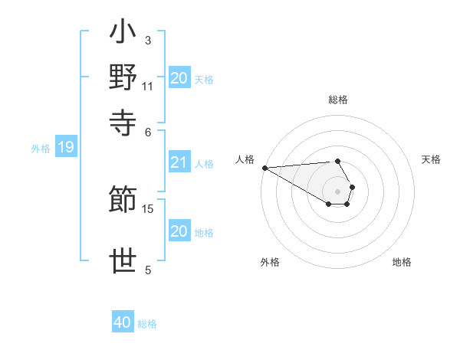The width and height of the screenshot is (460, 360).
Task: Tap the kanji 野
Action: click(123, 77)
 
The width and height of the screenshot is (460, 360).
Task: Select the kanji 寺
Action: click(123, 119)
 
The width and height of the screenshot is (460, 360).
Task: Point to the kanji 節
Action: click(123, 200)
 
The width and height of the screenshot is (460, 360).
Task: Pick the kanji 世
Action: click(123, 260)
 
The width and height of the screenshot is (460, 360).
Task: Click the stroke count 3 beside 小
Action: click(147, 40)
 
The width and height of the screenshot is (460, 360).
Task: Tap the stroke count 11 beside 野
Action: click(147, 86)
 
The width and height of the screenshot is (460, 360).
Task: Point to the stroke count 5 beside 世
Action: click(147, 270)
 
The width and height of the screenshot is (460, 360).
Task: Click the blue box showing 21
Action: click(179, 162)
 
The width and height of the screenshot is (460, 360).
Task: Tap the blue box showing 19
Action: click(65, 148)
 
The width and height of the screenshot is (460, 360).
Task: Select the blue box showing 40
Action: click(123, 322)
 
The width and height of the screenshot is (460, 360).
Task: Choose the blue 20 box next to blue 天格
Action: click(179, 78)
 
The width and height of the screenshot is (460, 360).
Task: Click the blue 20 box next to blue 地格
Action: click(179, 231)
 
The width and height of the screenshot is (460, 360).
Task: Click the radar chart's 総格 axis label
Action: click(338, 100)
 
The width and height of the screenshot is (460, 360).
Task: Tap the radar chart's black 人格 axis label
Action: click(245, 159)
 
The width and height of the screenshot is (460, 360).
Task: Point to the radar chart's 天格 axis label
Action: click(431, 159)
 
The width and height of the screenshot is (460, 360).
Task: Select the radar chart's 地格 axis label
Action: click(402, 262)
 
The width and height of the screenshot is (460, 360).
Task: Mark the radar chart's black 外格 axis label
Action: click(270, 262)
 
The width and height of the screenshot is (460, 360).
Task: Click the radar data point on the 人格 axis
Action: click(264, 168)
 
